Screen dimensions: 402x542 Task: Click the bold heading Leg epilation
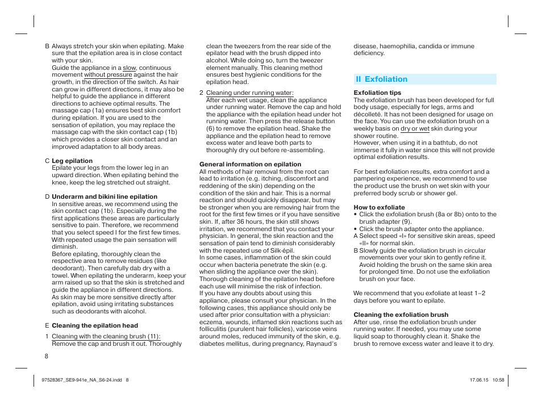pos(72,161)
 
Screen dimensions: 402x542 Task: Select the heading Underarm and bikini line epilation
pos(105,197)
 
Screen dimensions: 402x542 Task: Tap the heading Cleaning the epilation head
pos(95,325)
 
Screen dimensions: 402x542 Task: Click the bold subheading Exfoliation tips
pos(377,93)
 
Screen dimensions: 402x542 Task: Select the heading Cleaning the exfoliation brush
pos(401,315)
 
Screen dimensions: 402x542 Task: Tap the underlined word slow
pos(130,68)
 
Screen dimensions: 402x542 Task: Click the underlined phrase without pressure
pos(108,75)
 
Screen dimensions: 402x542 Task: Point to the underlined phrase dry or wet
pos(415,128)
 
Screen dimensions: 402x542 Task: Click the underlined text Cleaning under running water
pos(249,93)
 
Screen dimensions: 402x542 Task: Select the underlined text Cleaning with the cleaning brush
pos(106,336)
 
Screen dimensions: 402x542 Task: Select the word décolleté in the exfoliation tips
pos(370,114)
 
